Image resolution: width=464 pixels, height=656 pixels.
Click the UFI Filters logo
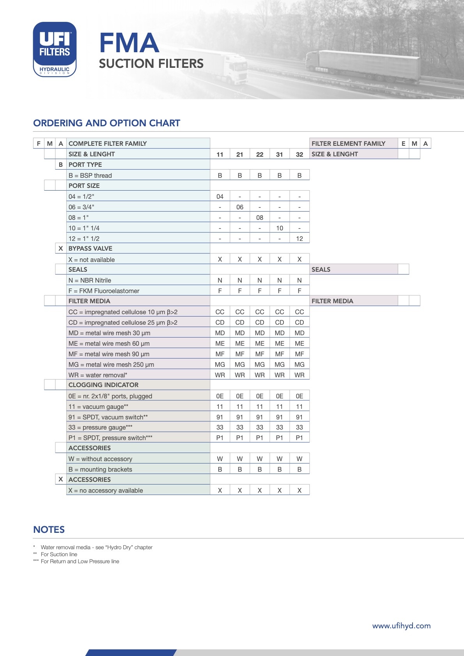(x=55, y=49)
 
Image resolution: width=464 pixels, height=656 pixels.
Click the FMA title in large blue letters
(x=129, y=43)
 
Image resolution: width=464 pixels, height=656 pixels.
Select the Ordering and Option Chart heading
(x=106, y=123)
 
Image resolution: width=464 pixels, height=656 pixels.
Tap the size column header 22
(x=260, y=154)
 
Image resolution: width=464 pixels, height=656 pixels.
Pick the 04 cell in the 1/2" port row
(x=220, y=196)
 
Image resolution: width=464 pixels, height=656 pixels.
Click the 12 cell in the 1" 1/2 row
(x=299, y=239)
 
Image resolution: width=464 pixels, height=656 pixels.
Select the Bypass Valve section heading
(x=90, y=249)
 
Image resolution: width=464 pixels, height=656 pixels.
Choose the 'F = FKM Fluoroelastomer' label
(x=104, y=291)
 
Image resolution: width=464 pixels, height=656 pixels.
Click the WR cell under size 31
(x=280, y=375)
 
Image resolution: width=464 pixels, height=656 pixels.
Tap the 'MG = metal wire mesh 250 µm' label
(x=111, y=364)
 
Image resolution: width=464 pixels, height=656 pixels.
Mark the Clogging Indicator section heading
(x=103, y=385)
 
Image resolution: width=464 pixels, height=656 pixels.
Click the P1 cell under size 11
(x=220, y=438)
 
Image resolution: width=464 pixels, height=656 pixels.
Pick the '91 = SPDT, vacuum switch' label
(x=108, y=417)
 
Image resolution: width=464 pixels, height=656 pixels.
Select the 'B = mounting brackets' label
(x=100, y=469)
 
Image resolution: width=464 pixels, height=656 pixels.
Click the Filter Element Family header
(x=348, y=143)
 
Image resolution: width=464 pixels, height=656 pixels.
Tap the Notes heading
(x=49, y=530)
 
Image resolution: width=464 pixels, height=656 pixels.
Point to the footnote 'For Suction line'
(x=59, y=554)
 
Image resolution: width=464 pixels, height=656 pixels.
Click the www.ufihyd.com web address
(x=401, y=626)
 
